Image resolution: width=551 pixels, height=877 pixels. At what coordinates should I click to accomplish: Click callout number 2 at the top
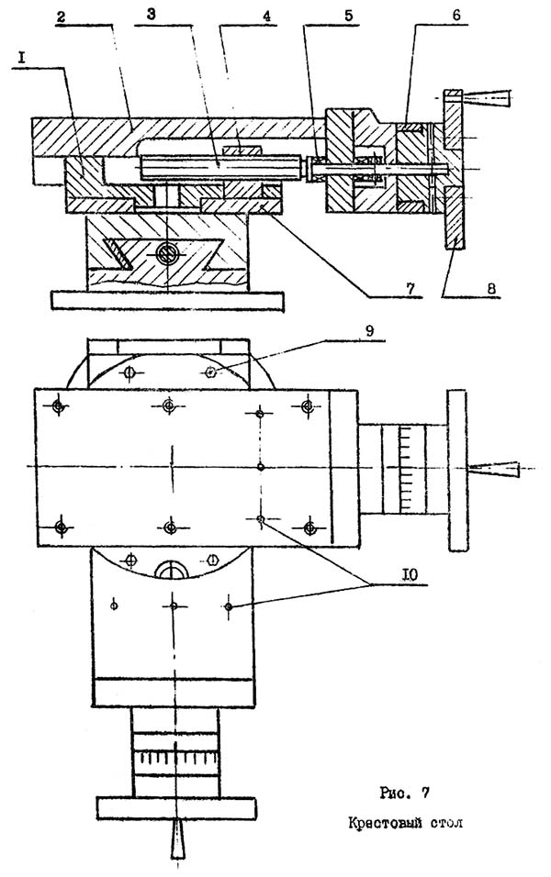(x=61, y=17)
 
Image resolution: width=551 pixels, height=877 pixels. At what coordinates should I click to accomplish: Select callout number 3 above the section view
(x=151, y=15)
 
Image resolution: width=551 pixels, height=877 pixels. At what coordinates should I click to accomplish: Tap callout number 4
(x=267, y=17)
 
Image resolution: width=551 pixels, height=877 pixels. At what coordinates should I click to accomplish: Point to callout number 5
(x=349, y=15)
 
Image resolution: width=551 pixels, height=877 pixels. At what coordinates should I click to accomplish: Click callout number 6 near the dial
(x=456, y=15)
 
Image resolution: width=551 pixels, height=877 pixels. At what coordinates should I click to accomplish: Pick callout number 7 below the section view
(x=410, y=289)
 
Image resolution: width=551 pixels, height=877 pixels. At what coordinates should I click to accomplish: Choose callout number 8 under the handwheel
(x=491, y=290)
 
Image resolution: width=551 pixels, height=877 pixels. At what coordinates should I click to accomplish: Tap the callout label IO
(x=410, y=575)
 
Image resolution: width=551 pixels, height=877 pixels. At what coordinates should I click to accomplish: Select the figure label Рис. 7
(x=404, y=794)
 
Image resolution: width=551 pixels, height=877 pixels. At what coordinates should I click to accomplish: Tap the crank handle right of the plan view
(x=494, y=469)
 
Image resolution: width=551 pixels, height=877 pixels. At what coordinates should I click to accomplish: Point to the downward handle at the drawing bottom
(x=176, y=838)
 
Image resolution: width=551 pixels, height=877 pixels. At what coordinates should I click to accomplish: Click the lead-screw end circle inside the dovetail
(x=166, y=255)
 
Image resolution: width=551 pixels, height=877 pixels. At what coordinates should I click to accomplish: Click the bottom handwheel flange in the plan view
(x=176, y=808)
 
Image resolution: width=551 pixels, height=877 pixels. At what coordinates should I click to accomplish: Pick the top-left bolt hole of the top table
(x=58, y=406)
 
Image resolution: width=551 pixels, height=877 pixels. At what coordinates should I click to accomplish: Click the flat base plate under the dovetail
(x=167, y=300)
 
